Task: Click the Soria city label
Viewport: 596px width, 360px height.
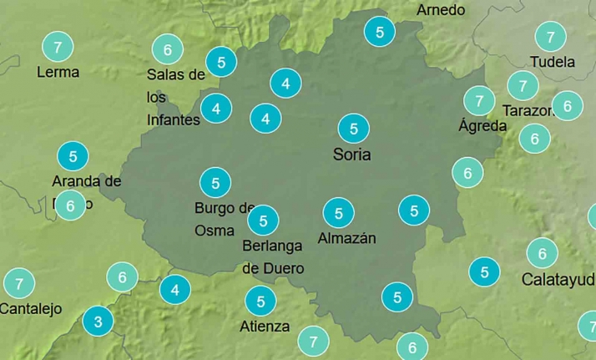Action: coord(351,155)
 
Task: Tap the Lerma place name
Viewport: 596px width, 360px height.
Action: coord(58,72)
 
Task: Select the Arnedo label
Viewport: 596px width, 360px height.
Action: coord(441,10)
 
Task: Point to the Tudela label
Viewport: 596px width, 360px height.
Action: coord(553,62)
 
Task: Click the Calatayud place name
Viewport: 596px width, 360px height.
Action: coord(558,279)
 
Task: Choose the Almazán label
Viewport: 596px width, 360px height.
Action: coord(346,238)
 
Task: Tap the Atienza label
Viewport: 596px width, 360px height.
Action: coord(265,326)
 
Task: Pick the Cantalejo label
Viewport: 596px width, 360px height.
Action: coord(31,309)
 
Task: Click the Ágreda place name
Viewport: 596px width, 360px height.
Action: coord(482,126)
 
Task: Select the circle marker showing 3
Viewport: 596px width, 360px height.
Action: coord(98,322)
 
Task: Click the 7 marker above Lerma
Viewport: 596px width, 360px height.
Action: coord(57,47)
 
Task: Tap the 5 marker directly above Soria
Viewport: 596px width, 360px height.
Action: coord(353,129)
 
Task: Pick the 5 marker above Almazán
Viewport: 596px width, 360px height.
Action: coord(338,214)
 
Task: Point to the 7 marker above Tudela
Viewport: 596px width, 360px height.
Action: coord(550,37)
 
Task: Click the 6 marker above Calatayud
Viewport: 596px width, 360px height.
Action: coord(542,252)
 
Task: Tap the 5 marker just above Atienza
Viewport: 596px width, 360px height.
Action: coord(260,301)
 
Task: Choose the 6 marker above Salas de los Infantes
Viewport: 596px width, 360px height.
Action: coord(168,49)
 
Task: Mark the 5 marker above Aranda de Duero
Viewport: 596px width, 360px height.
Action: coord(73,156)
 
